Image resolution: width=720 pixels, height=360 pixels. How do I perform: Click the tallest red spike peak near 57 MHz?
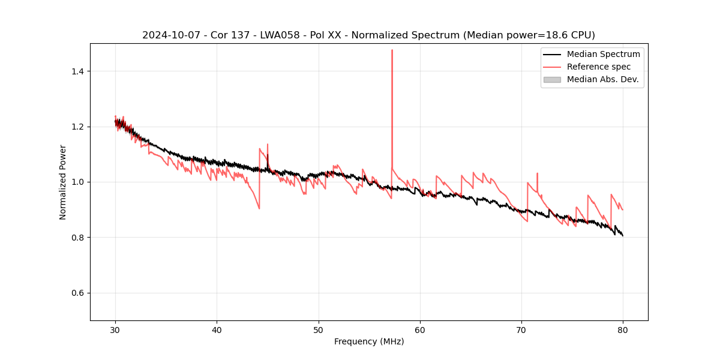click(x=392, y=50)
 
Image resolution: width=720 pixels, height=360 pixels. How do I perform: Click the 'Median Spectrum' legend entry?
click(x=603, y=54)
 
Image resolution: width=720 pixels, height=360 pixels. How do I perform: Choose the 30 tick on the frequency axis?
click(x=116, y=329)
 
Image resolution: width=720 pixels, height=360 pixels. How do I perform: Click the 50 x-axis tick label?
click(x=319, y=329)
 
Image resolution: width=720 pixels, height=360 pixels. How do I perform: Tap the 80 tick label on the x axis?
click(x=623, y=329)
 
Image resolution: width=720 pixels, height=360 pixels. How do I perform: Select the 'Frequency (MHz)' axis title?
click(x=369, y=341)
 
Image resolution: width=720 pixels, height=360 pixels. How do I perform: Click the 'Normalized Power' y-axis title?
click(x=63, y=182)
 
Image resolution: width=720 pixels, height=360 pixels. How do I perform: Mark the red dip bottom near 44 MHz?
click(x=259, y=208)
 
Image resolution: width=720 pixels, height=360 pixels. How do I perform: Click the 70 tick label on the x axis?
click(x=521, y=329)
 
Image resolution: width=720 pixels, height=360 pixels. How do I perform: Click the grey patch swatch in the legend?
click(x=552, y=79)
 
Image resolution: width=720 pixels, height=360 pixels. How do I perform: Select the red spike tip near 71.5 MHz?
click(x=537, y=173)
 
